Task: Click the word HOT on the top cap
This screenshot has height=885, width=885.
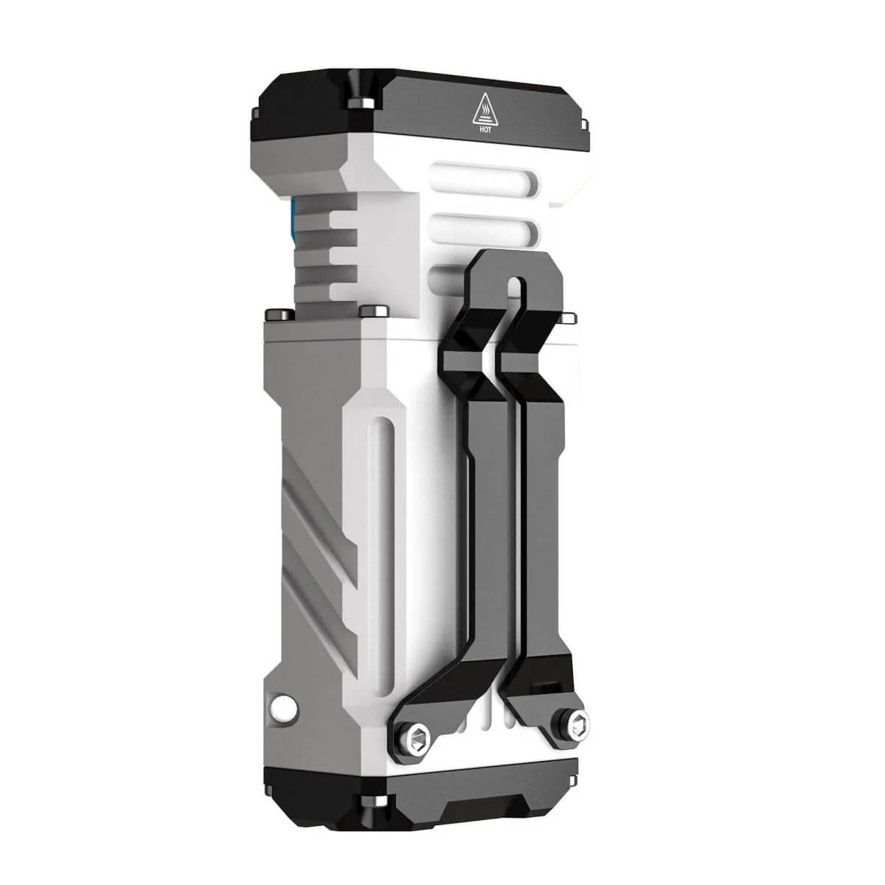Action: point(486,127)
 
